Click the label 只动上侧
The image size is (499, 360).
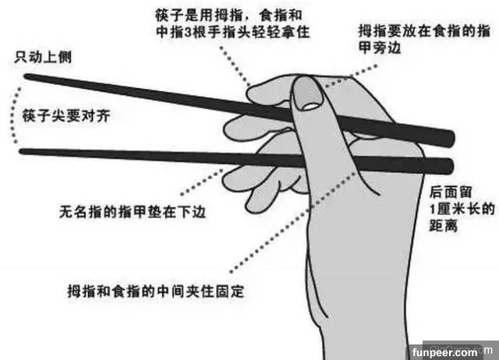pos(43,58)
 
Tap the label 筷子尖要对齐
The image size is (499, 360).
pos(65,115)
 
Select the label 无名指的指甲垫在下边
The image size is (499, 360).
pos(133,212)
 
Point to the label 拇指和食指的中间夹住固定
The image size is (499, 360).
pos(156,291)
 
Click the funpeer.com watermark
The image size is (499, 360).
pos(444,352)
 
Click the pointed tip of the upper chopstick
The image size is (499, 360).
pos(26,76)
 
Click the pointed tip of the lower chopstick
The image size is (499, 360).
pos(22,151)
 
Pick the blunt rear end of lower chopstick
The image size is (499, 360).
pos(451,166)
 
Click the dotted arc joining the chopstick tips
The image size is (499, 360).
pos(12,115)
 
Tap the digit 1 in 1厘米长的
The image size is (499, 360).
pos(433,210)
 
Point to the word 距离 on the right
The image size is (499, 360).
pos(444,225)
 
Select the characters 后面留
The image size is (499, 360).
pos(451,192)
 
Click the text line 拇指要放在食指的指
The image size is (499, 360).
pos(424,31)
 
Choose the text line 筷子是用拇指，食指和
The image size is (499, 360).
pos(228,15)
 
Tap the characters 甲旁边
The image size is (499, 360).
pos(380,48)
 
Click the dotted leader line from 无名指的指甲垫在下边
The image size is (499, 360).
pos(201,182)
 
